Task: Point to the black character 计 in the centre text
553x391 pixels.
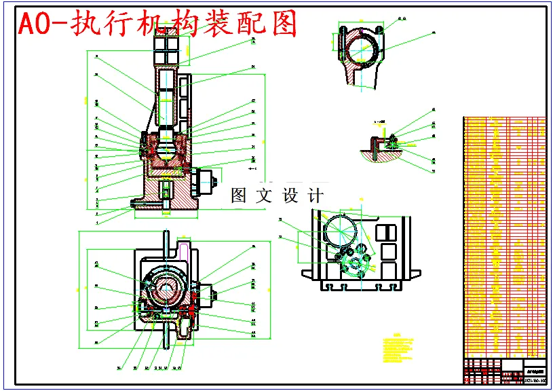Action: pos(316,196)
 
